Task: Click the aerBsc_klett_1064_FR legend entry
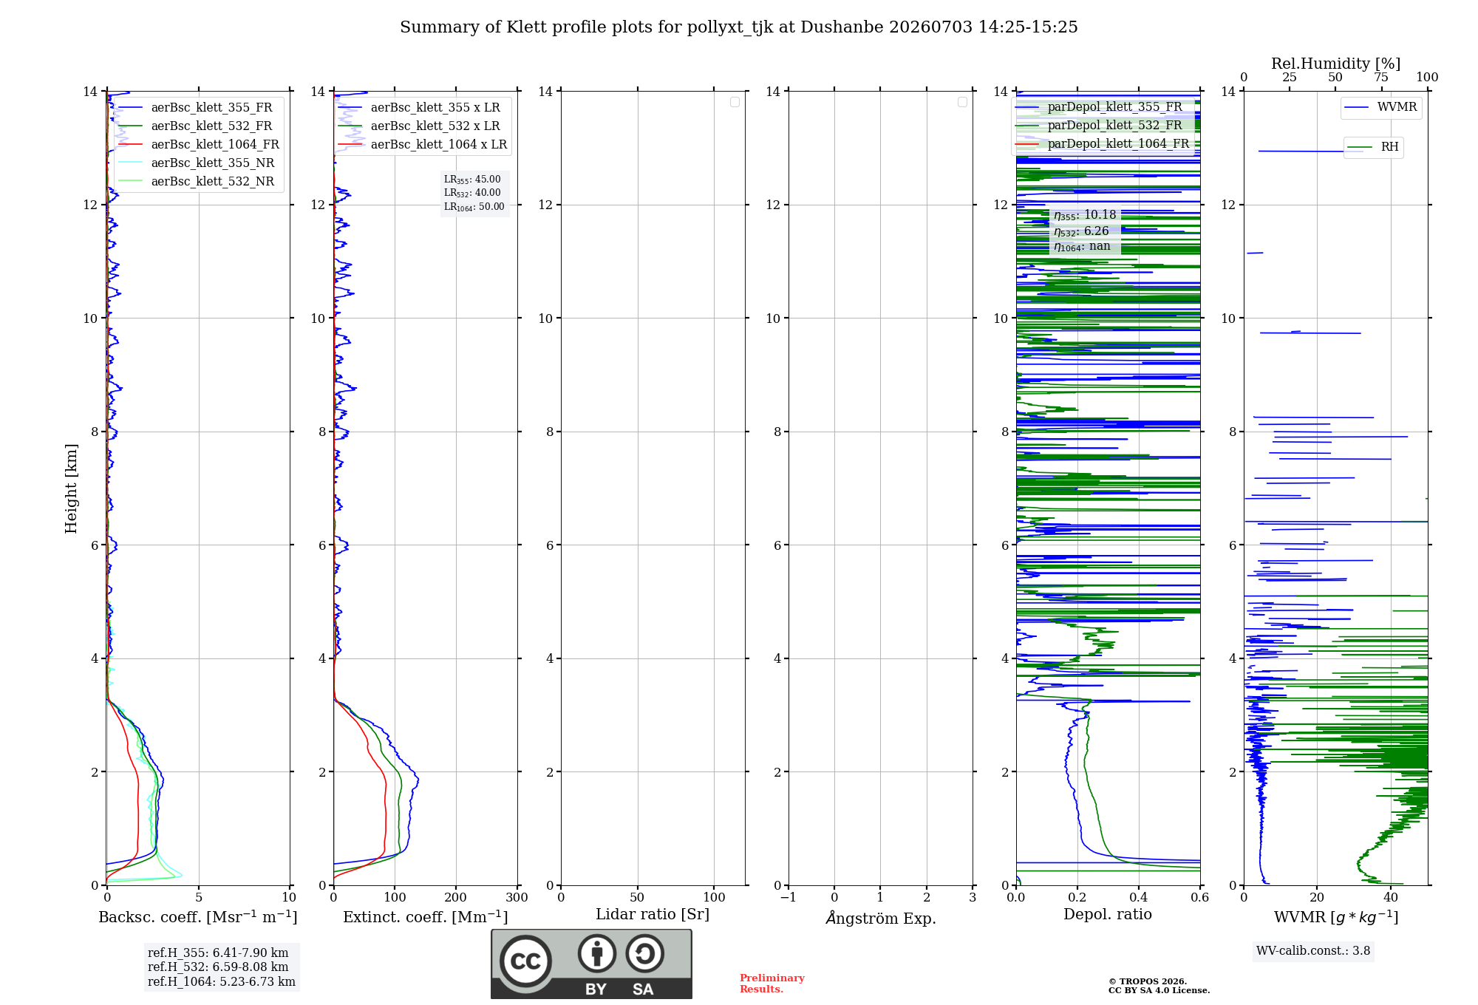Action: tap(199, 144)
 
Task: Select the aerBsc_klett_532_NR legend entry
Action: tap(197, 181)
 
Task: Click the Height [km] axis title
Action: tap(71, 488)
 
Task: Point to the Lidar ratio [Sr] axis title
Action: tap(653, 914)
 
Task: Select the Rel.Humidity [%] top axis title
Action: tap(1336, 64)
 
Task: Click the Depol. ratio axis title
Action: tap(1108, 914)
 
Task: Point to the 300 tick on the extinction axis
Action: tap(517, 897)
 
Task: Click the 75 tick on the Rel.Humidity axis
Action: tap(1381, 77)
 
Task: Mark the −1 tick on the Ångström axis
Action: tap(789, 897)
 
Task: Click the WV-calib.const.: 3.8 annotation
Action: tap(1313, 950)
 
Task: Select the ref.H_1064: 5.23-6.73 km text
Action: tap(222, 981)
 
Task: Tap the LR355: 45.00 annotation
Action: tap(472, 180)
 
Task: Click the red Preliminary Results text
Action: tap(772, 984)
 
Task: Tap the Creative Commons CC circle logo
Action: tap(525, 961)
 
